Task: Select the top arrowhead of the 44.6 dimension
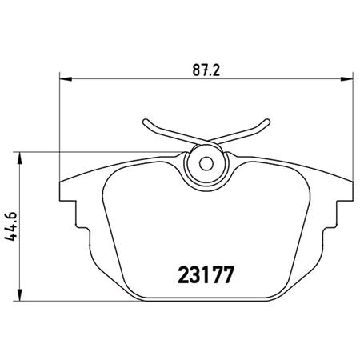pos(21,154)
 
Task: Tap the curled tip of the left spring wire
pos(146,123)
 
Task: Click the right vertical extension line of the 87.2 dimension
pos(354,128)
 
